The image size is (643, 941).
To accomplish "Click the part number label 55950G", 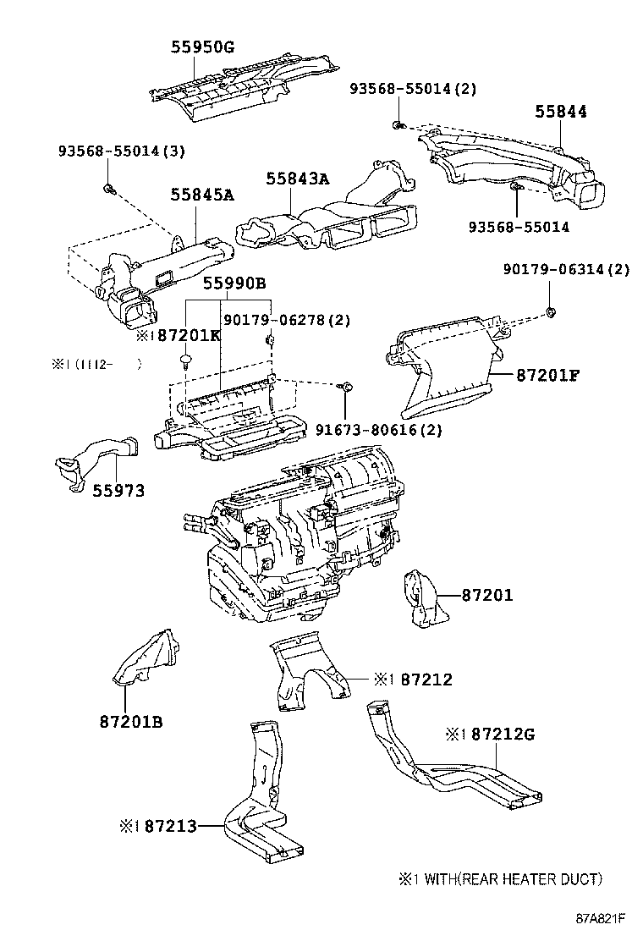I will tap(203, 47).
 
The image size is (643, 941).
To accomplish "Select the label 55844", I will tap(560, 112).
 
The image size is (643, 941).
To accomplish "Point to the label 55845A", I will tap(202, 195).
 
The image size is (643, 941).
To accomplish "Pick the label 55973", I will tap(118, 490).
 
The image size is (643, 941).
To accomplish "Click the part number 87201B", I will tap(130, 722).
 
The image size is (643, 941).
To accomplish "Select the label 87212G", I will tap(503, 734).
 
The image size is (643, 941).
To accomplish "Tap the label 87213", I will tap(170, 825).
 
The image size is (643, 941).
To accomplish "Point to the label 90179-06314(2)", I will tap(566, 270).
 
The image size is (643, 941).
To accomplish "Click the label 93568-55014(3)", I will tap(121, 151).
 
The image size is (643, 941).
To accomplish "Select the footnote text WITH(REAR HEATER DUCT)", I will tap(511, 879).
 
